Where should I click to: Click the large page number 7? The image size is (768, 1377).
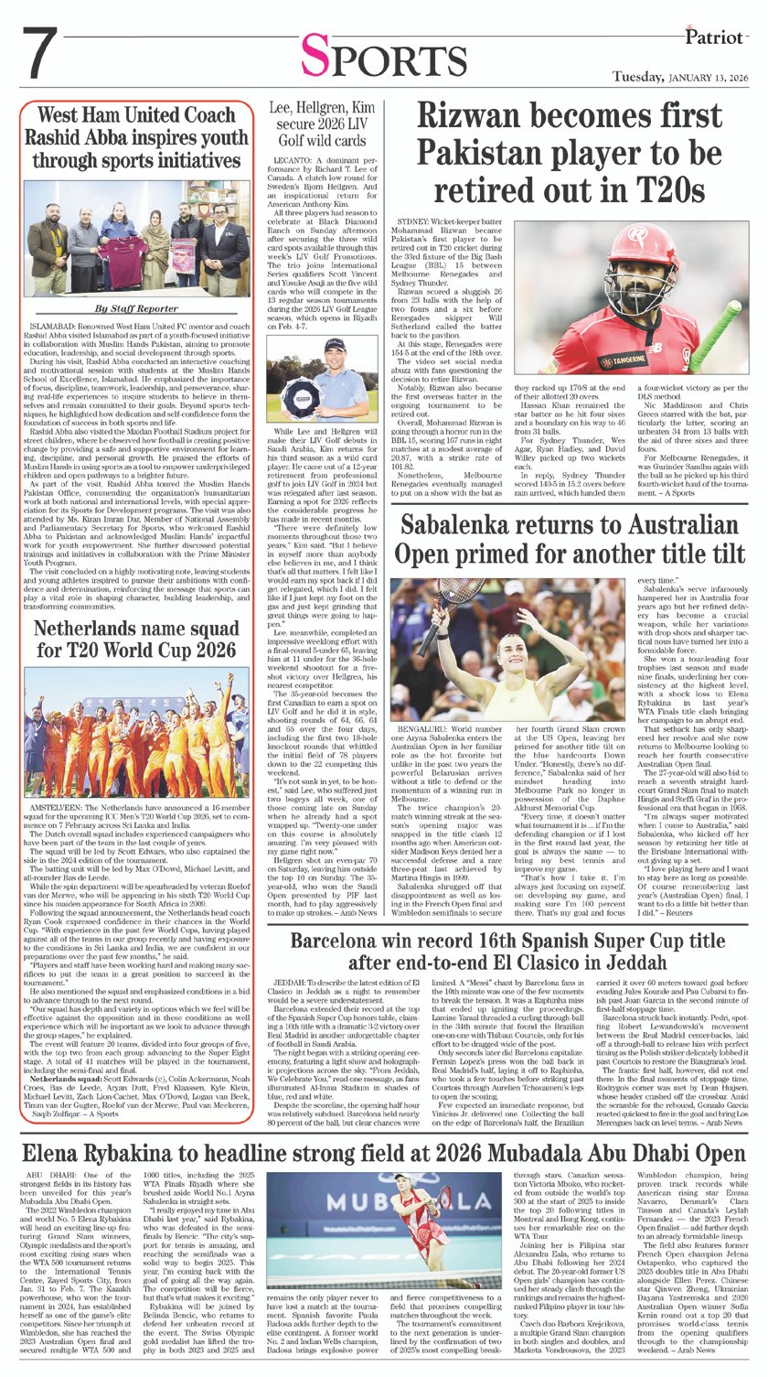[x=42, y=56]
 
